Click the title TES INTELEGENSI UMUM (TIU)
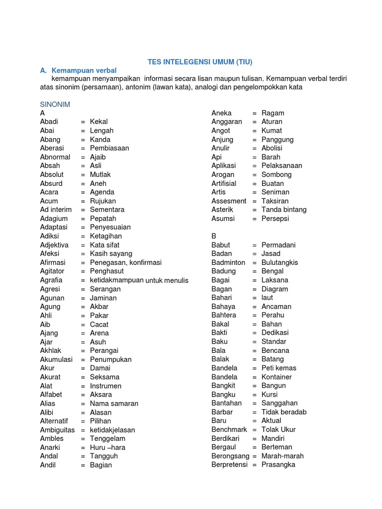click(200, 62)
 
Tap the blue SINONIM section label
click(55, 104)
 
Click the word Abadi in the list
click(49, 122)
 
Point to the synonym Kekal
click(98, 122)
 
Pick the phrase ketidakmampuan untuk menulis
click(139, 280)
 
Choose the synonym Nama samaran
click(114, 404)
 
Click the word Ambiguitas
click(57, 430)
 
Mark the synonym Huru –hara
click(107, 447)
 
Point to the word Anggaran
click(226, 122)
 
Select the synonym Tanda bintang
click(284, 210)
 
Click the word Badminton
click(228, 262)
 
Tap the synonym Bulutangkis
click(280, 262)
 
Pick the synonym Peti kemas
click(279, 368)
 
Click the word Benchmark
click(229, 430)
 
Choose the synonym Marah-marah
click(283, 456)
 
